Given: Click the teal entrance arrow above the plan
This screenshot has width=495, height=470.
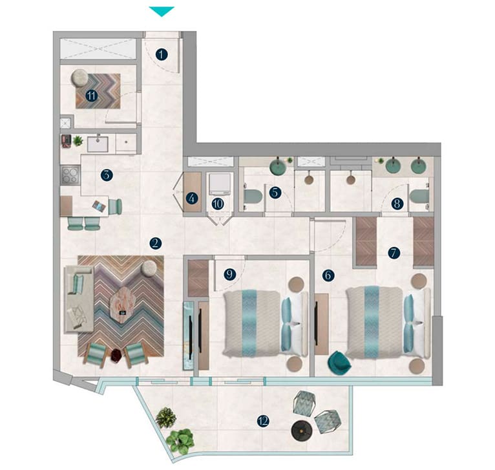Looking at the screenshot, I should point(162,11).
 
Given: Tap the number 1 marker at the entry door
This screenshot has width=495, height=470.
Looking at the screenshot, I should point(162,55).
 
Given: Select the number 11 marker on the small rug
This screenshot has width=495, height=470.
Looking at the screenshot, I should point(91,96).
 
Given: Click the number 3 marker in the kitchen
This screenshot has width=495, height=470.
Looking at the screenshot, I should point(107,175).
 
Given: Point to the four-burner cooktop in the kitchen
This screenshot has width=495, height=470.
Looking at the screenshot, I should point(70,175).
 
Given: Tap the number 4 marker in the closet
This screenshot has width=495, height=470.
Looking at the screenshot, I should point(191,198).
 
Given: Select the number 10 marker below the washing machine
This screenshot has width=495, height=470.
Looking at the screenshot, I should point(218,204).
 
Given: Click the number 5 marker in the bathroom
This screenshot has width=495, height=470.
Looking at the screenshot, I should point(275,191).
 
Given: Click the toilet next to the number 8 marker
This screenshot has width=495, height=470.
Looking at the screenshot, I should point(418,196).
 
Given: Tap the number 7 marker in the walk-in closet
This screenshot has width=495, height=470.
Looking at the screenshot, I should point(392,253).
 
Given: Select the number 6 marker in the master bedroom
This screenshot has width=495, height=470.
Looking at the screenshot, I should point(328,275).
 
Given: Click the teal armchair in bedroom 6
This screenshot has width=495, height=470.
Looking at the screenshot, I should point(338,363).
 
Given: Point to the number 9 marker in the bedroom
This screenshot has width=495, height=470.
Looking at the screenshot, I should point(229,273).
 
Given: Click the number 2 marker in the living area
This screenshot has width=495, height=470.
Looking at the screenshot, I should point(154,243).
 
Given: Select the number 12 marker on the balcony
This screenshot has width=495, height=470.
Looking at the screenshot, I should point(262,421).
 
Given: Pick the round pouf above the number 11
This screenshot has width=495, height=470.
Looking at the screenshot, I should point(81,77).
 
